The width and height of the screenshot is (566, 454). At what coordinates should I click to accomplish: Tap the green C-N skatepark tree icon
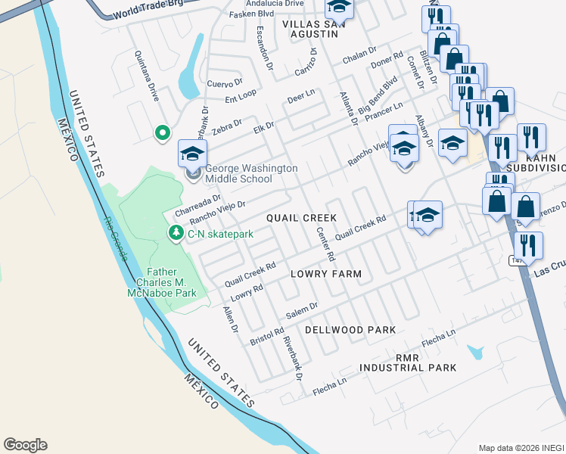[x=176, y=233]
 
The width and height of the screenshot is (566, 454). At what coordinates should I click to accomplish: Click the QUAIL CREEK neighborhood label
[x=301, y=218]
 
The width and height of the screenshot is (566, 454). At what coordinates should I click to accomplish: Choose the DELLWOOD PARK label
[x=350, y=330]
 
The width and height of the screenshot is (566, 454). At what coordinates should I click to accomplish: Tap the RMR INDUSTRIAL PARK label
[x=408, y=362]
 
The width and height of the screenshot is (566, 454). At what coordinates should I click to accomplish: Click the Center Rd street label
[x=325, y=244]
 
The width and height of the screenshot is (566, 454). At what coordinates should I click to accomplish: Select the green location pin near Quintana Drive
[x=162, y=133]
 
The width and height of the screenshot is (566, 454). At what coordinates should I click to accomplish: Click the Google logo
[x=25, y=445]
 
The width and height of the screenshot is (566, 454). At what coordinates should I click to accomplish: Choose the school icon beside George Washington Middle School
[x=192, y=154]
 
